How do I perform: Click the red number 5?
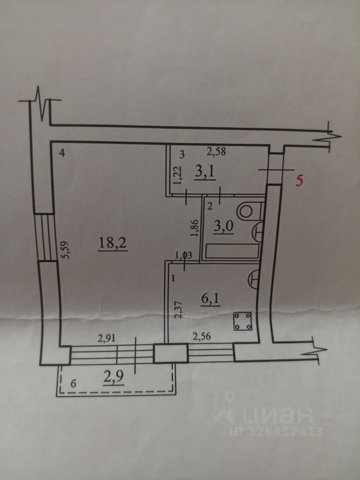pos(299,180)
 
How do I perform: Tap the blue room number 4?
pos(62,153)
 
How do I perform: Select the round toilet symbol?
pos(247,210)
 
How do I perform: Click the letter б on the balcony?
pos(73,384)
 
